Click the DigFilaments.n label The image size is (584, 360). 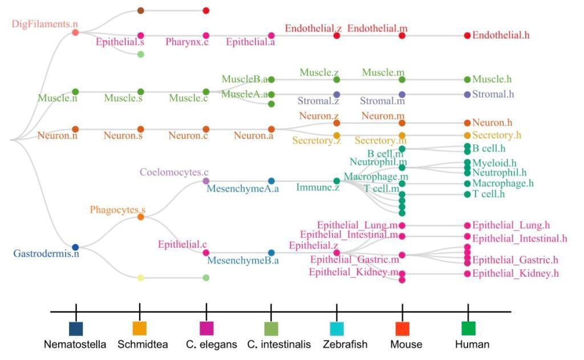(44, 23)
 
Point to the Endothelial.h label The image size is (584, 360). (501, 35)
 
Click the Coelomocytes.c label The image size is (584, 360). (175, 172)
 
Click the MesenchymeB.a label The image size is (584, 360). (243, 261)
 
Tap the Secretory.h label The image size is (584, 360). (496, 136)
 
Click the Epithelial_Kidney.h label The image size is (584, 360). (515, 273)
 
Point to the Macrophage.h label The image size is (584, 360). (502, 183)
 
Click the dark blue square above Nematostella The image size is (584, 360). (76, 329)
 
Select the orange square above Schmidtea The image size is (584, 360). (139, 329)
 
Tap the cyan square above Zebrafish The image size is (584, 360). (336, 329)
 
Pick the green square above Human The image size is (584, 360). (468, 329)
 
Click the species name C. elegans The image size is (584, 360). (211, 345)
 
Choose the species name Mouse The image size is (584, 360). (406, 345)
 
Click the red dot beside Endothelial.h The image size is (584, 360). (468, 35)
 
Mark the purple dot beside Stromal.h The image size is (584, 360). (468, 94)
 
